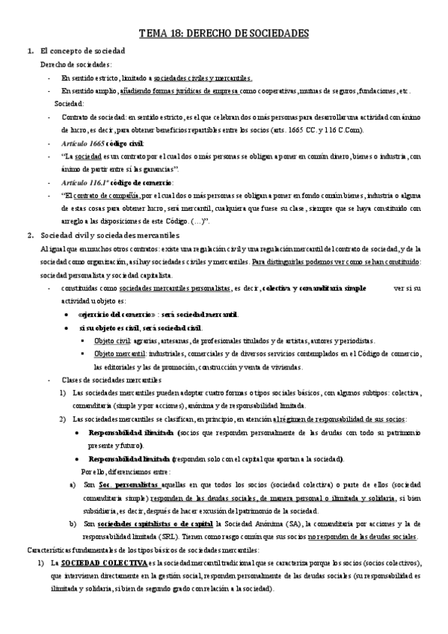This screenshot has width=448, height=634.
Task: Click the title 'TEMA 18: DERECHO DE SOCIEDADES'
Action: click(224, 34)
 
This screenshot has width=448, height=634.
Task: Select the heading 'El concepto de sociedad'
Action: click(82, 50)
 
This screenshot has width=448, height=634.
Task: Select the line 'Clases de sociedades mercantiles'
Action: click(107, 380)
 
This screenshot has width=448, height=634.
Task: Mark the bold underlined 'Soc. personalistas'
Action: click(132, 486)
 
